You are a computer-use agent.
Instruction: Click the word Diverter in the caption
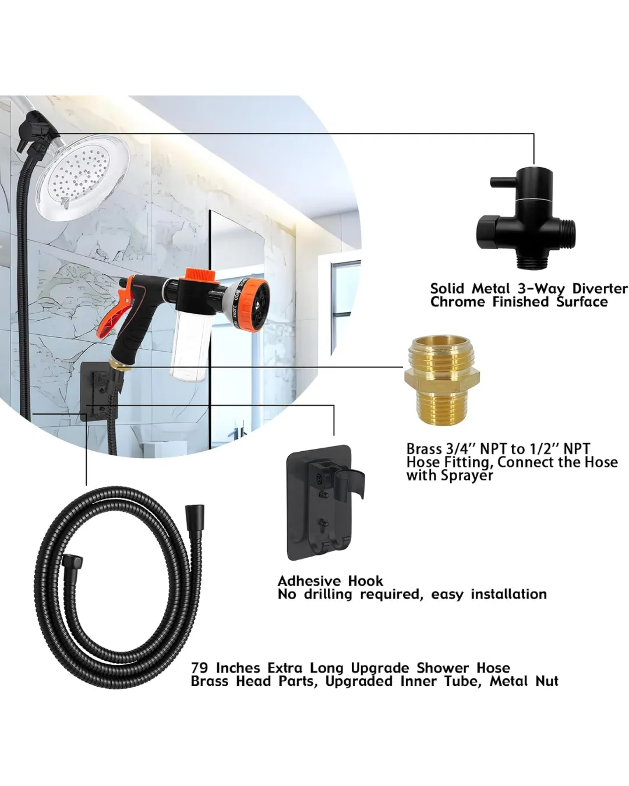coord(599,289)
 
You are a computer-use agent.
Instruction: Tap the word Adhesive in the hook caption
coord(309,580)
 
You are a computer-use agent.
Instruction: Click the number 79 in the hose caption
coord(200,668)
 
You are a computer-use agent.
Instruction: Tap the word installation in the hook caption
coord(508,594)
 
